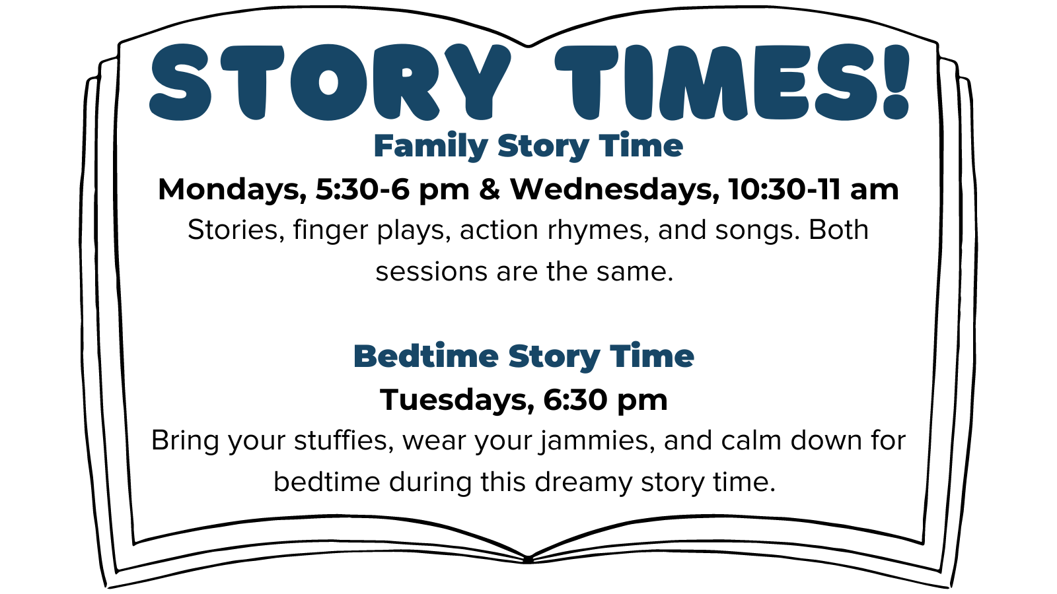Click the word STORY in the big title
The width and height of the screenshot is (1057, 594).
coord(330,82)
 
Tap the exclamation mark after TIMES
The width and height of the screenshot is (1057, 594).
coord(895,82)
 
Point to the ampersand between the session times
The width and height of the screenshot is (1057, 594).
coord(490,189)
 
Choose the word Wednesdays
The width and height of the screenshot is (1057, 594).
coord(615,189)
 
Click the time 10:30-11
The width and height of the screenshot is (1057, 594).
coord(784,189)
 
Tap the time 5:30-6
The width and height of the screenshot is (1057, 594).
coord(363,189)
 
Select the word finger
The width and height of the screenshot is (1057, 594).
coord(330,231)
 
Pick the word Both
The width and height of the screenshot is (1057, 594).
coord(838,230)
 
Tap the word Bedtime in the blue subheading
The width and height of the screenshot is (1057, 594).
coord(426,356)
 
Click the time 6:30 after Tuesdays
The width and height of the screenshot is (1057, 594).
coord(575,400)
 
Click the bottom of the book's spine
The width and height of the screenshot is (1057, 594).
coord(528,560)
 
